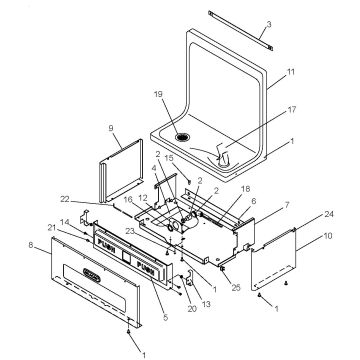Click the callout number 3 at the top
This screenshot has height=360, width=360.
[269, 23]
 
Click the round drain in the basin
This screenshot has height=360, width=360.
[182, 137]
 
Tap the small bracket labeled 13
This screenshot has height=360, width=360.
[183, 284]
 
